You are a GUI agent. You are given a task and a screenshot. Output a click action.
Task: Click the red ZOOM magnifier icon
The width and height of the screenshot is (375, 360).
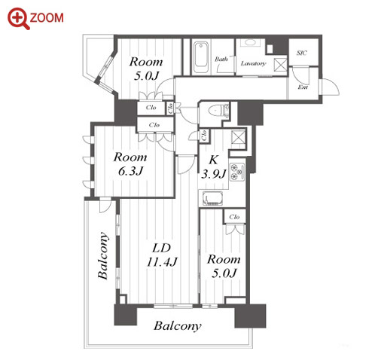18,19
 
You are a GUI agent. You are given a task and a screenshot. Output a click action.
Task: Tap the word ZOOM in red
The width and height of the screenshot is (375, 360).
47,18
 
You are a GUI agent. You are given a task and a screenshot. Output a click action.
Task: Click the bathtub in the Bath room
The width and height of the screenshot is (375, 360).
201,58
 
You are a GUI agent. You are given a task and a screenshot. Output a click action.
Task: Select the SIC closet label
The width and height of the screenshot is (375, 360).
302,53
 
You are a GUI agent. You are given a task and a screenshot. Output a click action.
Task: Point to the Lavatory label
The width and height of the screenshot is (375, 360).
253,63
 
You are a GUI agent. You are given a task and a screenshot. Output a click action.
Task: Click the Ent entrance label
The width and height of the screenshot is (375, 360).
303,87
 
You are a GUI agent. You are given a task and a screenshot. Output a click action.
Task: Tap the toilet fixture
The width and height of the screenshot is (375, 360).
218,110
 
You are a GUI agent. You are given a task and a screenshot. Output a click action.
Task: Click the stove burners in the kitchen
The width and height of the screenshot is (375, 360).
237,172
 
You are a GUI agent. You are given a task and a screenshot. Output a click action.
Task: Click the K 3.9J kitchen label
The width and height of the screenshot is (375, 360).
213,166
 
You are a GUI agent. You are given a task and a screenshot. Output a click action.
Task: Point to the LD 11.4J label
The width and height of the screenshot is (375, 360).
162,255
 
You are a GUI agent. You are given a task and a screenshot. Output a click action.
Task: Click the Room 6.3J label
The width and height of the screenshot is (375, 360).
130,164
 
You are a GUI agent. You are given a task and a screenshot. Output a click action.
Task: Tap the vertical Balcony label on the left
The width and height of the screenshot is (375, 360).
103,255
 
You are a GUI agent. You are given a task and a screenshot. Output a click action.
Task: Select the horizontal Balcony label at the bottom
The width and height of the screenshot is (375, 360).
178,326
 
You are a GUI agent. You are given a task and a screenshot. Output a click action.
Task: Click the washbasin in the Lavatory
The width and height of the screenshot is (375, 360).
250,43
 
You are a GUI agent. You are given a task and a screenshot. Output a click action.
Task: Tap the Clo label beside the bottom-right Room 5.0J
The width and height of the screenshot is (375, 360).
234,216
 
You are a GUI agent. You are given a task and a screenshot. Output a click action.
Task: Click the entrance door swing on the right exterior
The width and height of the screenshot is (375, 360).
330,87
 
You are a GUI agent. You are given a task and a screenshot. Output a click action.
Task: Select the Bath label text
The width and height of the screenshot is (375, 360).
221,59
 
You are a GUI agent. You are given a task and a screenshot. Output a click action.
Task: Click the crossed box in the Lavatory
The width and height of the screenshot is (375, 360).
280,64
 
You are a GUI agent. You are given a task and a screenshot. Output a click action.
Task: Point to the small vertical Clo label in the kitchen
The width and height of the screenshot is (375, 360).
204,136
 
